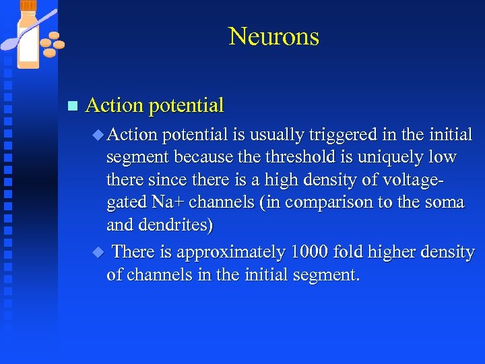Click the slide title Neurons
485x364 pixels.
[273, 36]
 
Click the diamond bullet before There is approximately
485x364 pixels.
[98, 252]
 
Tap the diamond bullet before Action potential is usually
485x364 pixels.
[98, 134]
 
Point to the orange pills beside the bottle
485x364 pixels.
[52, 44]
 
